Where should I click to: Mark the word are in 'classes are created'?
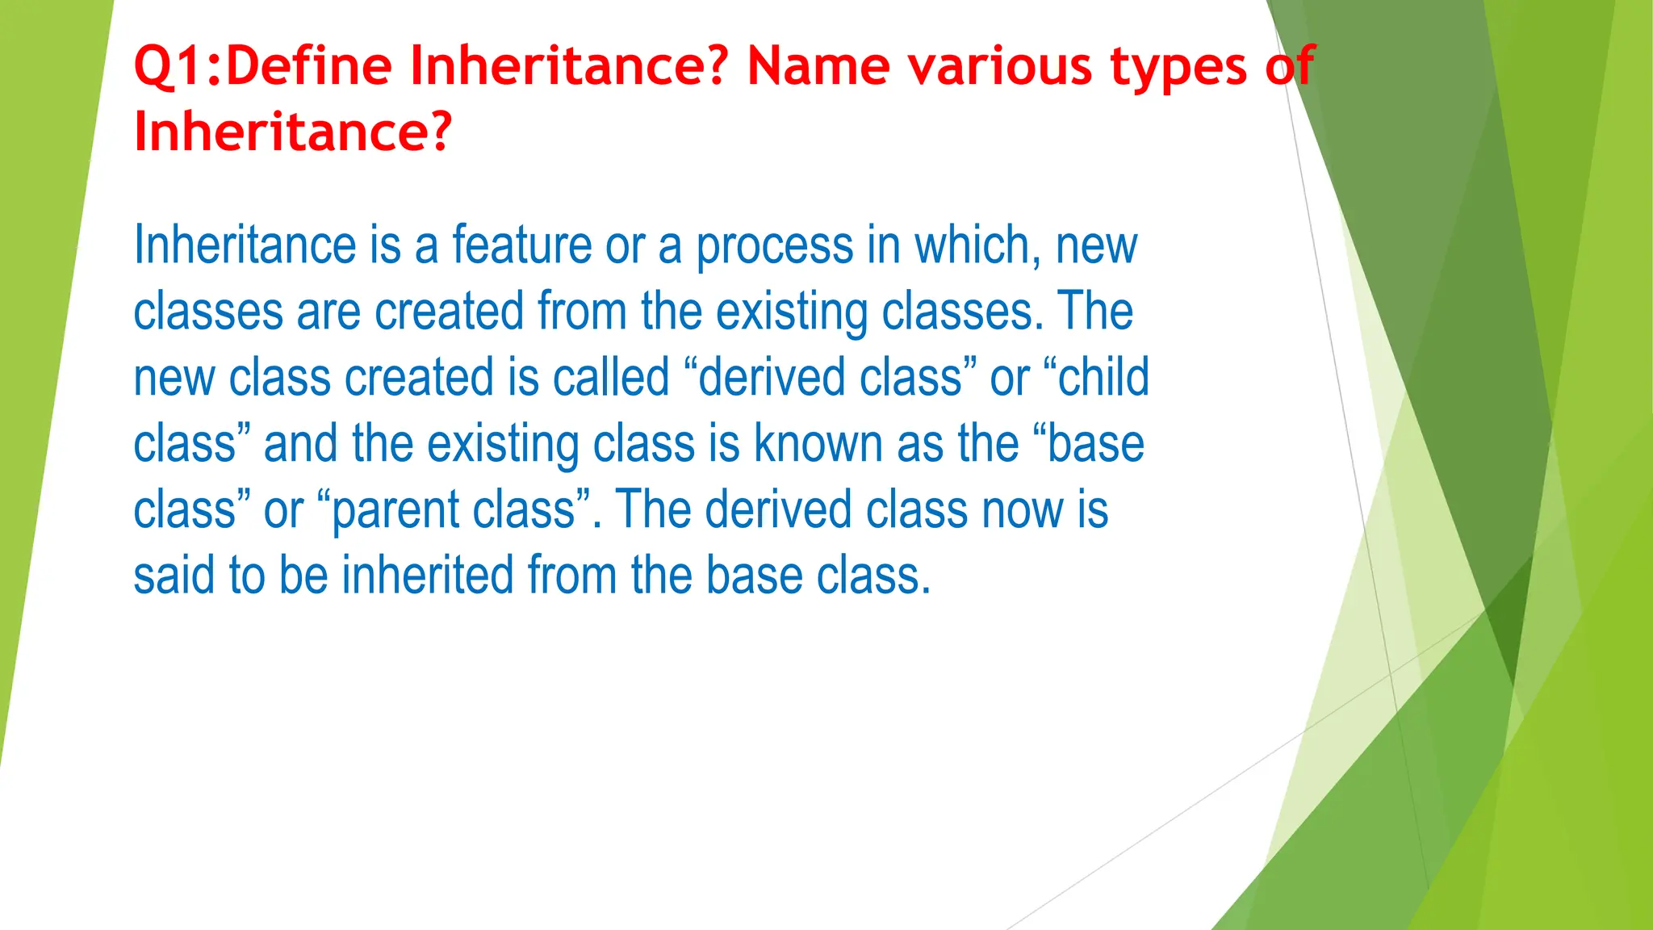328,312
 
